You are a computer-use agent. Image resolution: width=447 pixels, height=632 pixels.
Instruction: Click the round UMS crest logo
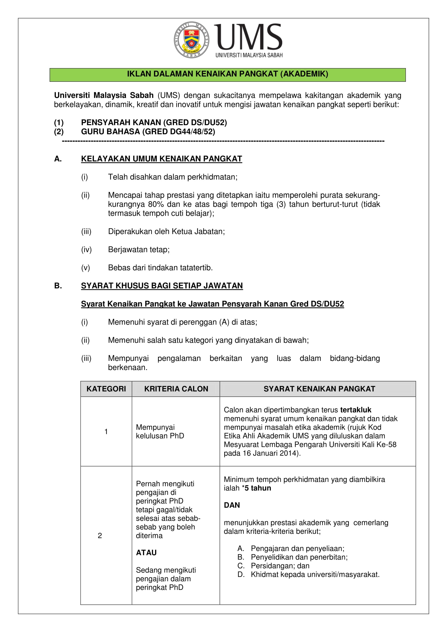click(191, 40)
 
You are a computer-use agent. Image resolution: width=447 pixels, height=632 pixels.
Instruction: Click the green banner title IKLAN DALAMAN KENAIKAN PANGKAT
click(227, 74)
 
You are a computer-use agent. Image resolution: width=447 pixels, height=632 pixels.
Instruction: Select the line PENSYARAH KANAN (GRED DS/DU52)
click(154, 122)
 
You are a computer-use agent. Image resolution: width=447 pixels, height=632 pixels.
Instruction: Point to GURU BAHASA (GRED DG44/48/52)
click(148, 132)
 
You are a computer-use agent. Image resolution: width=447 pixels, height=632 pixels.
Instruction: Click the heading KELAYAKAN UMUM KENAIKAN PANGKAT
click(162, 159)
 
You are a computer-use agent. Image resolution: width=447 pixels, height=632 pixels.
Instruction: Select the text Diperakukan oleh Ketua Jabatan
click(166, 231)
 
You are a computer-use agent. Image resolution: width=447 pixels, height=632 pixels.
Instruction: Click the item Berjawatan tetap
click(139, 250)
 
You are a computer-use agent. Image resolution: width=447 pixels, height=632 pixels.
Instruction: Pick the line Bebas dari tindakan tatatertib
click(160, 268)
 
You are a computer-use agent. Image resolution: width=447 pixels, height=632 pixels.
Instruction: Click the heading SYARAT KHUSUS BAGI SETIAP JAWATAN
click(162, 286)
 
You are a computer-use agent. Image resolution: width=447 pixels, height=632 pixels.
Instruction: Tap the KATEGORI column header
click(106, 389)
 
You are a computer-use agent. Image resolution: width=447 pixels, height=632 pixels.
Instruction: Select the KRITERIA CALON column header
click(176, 389)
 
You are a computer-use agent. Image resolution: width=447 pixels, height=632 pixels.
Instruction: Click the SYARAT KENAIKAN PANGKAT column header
click(319, 389)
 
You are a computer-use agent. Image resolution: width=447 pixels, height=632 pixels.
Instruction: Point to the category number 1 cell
click(106, 432)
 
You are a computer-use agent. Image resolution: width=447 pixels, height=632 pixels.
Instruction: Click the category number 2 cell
click(100, 535)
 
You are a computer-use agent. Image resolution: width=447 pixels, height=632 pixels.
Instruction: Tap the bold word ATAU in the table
click(146, 553)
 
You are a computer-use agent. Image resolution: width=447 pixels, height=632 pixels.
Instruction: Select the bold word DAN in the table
click(232, 505)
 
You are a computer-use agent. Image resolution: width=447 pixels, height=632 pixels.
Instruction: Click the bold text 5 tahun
click(258, 488)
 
